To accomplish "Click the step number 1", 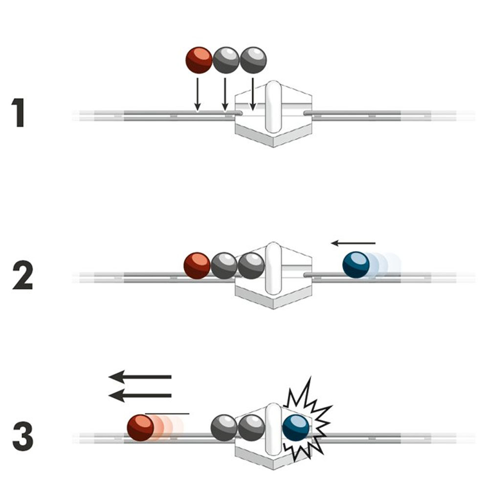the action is (x=19, y=112).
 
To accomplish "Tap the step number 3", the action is (x=23, y=436).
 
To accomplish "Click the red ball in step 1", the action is (x=199, y=60).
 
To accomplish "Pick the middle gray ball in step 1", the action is (x=226, y=60).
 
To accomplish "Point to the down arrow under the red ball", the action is (x=198, y=94).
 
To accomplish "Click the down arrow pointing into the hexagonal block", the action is (x=253, y=94).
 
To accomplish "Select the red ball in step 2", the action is (x=197, y=266).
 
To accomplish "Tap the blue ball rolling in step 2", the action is (x=356, y=265).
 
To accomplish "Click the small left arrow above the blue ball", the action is (x=353, y=243).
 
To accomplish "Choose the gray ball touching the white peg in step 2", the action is (x=251, y=266).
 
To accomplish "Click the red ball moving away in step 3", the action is (x=141, y=427).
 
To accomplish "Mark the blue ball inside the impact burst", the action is (x=296, y=428).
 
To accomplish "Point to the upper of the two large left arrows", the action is (x=140, y=377).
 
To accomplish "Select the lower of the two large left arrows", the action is (x=140, y=396).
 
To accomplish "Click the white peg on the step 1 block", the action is (x=273, y=107).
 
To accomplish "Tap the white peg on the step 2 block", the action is (x=273, y=268).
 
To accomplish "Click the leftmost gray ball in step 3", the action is (x=224, y=428).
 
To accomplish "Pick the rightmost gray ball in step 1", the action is (x=253, y=60).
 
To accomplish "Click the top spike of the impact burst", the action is (x=311, y=378).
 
